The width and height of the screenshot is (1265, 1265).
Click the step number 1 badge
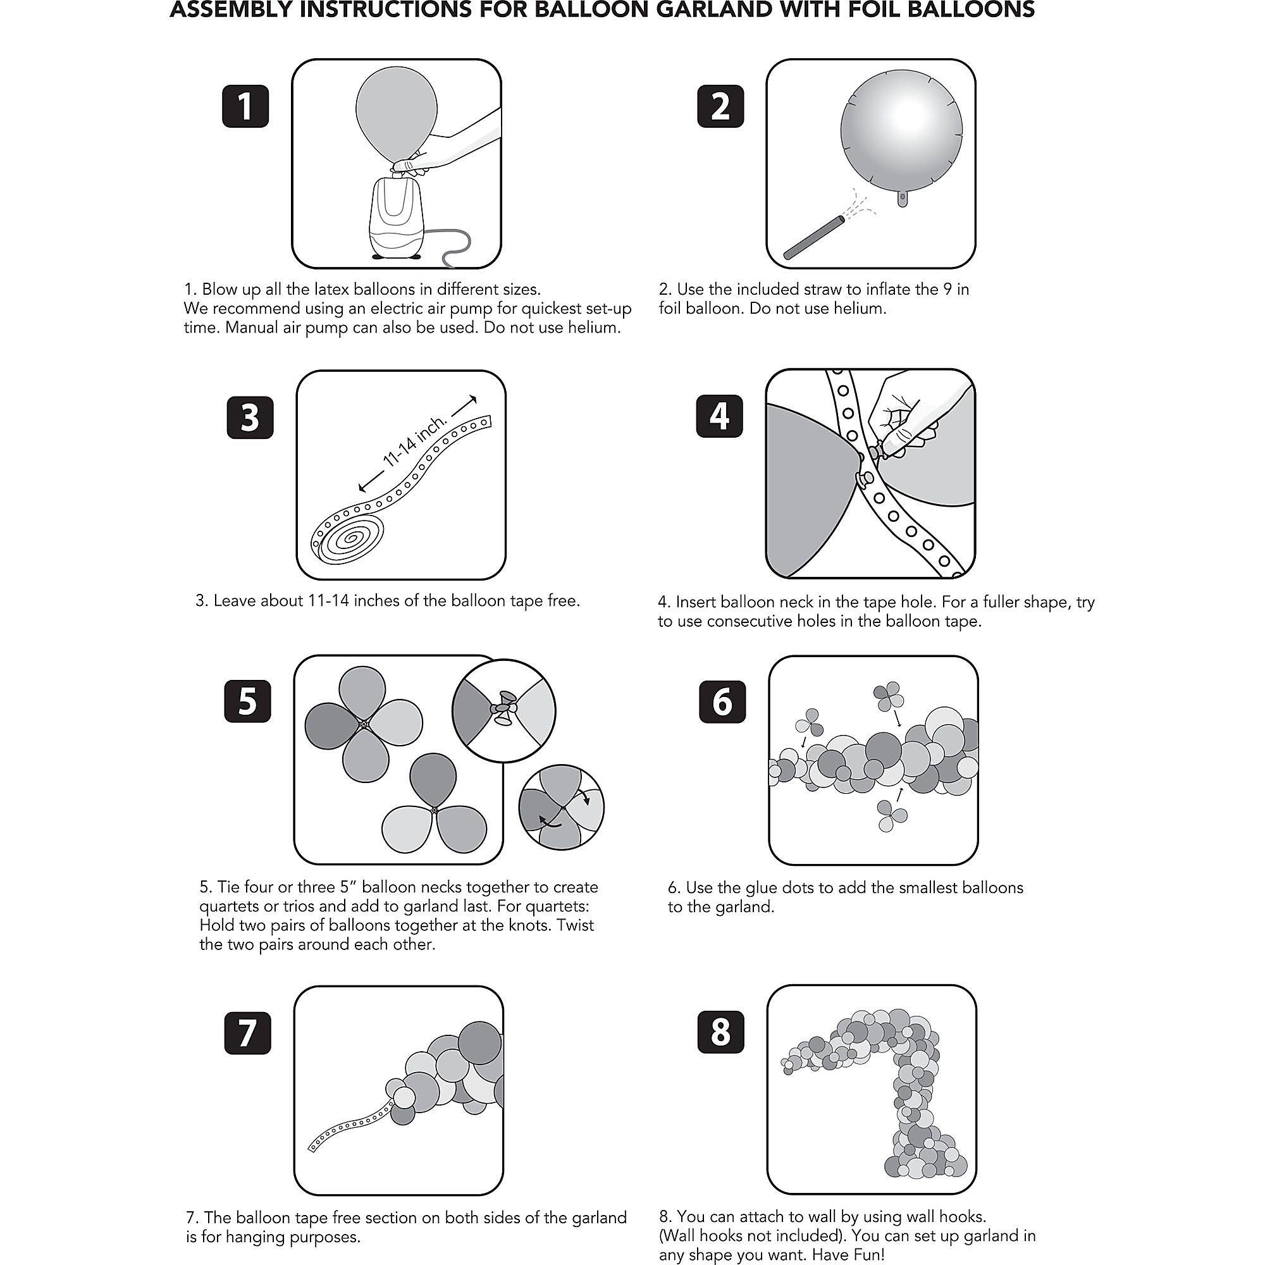245,106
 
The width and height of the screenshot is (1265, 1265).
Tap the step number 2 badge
720,106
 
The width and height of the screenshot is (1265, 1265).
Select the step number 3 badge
250,416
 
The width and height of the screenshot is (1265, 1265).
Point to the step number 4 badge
720,415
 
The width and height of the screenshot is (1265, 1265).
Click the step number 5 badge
247,700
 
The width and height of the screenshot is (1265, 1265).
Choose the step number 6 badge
722,701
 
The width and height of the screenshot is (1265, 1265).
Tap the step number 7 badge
247,1033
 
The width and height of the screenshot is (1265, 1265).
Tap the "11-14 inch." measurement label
415,441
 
